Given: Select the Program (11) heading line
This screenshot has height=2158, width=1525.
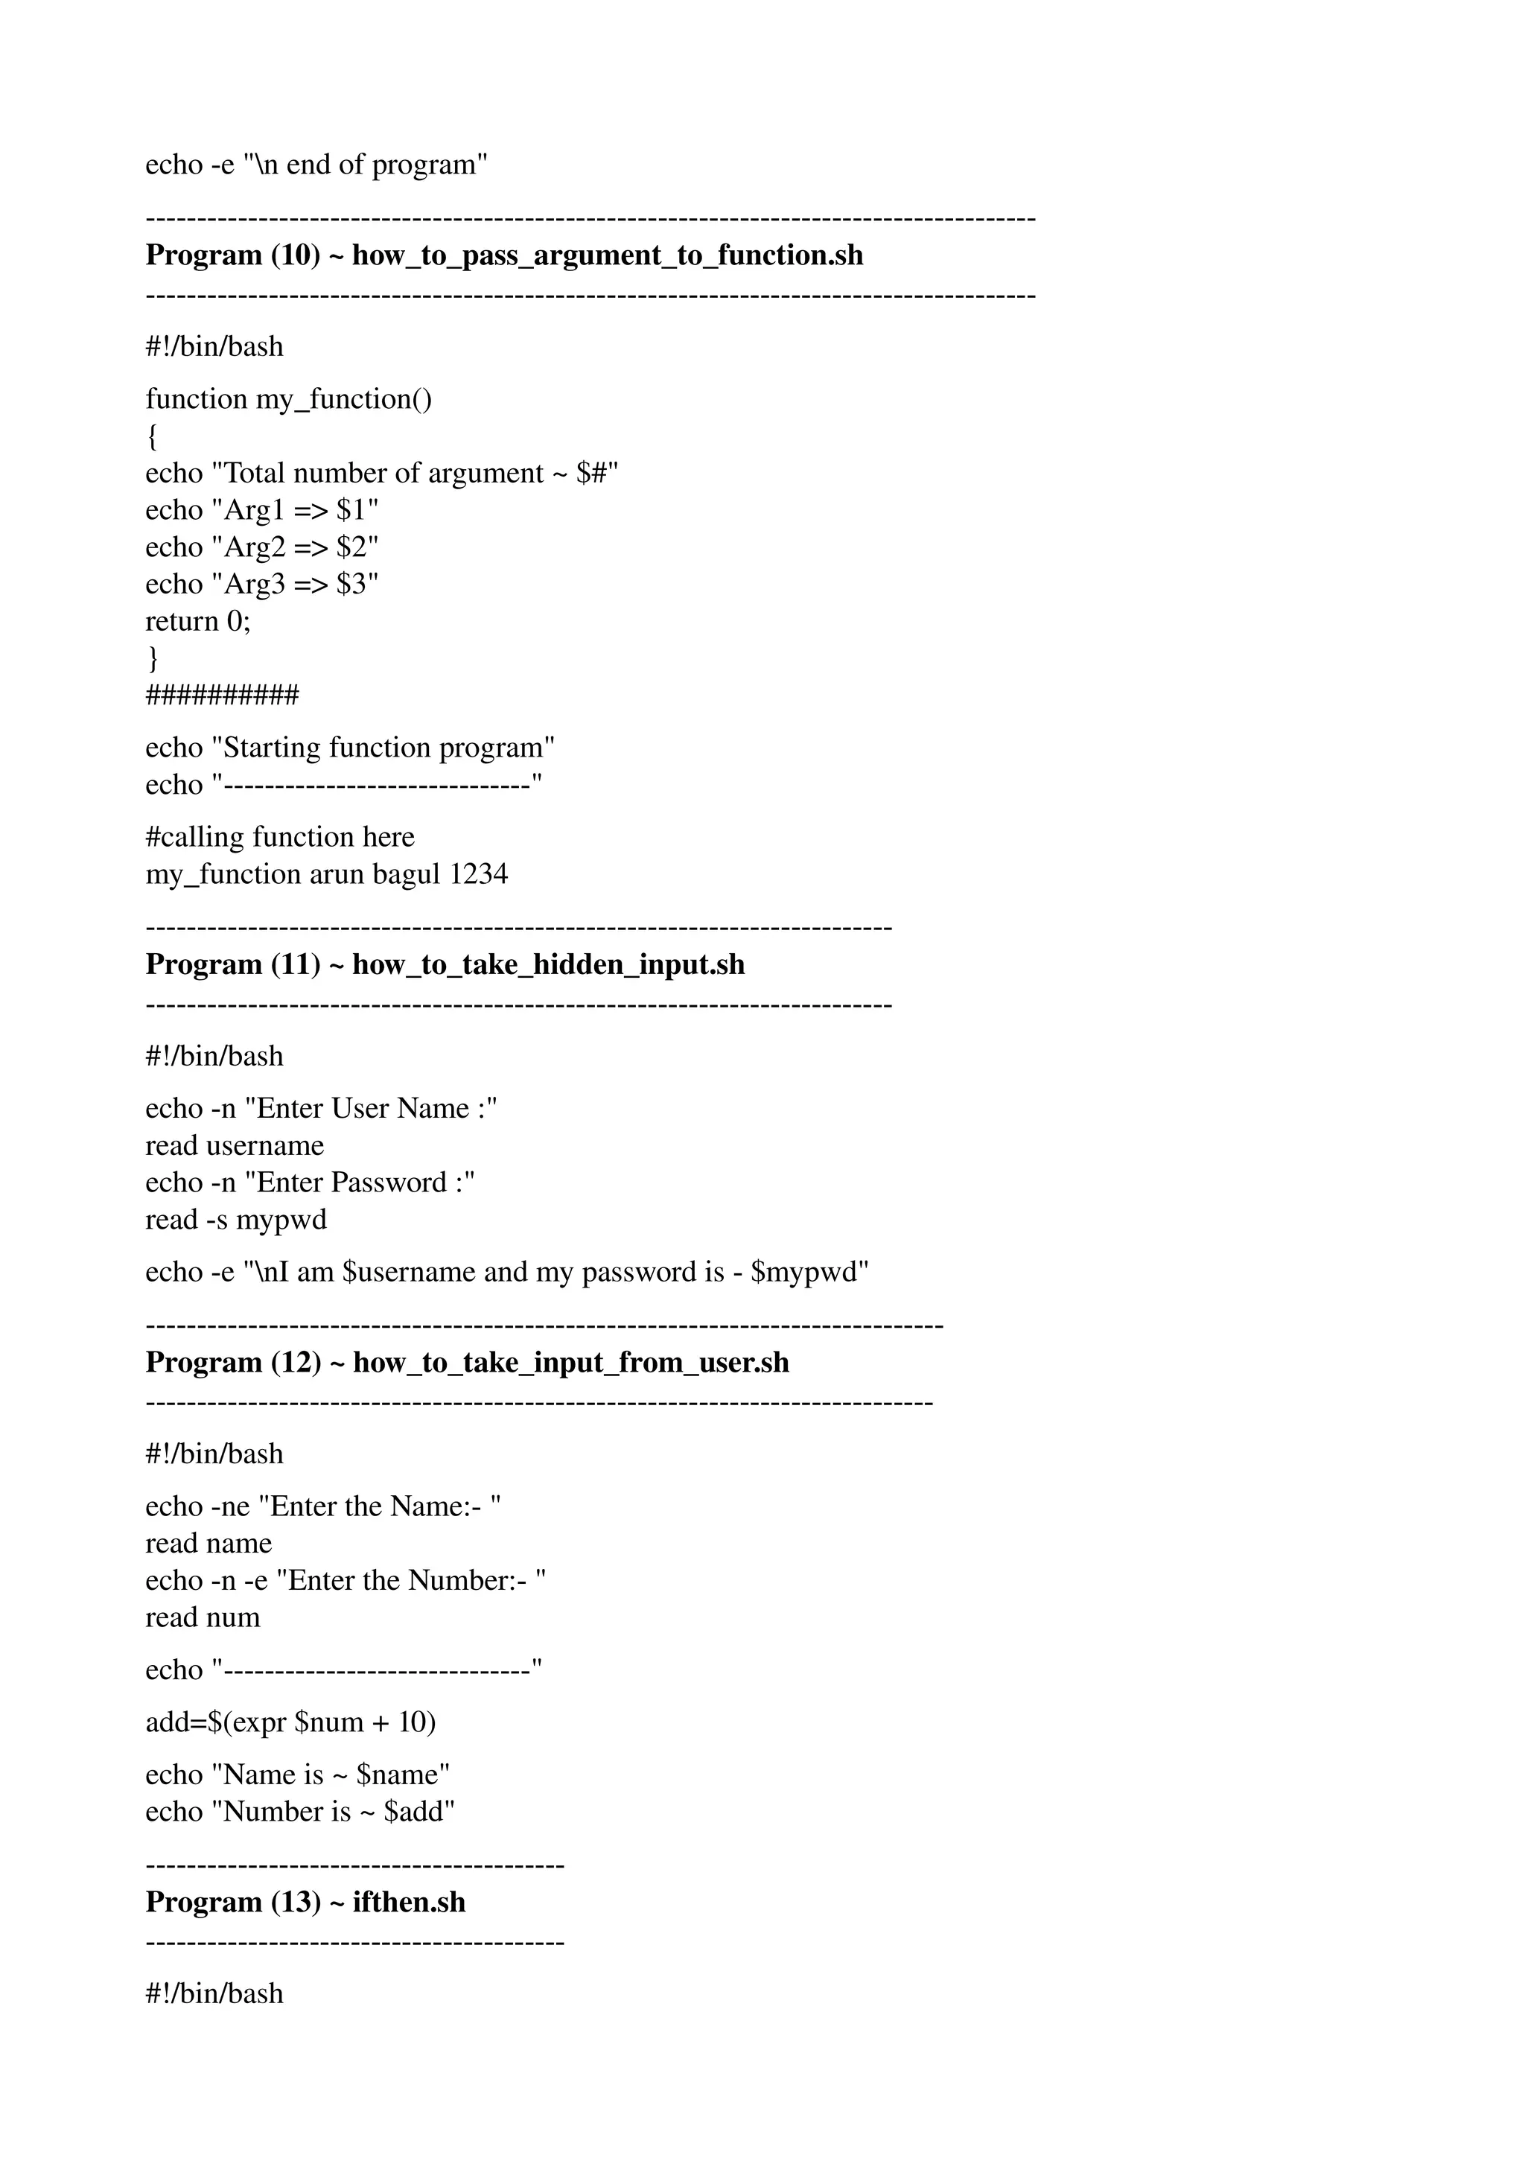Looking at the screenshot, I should point(445,964).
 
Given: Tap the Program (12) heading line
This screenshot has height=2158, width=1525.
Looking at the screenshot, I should point(467,1362).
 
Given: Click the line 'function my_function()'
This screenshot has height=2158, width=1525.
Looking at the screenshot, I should point(288,399).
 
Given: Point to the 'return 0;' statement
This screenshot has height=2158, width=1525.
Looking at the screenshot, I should point(198,621).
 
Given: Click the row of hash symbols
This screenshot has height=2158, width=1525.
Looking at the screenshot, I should point(222,696).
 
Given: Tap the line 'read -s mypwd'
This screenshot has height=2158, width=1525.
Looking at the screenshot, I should point(236,1220).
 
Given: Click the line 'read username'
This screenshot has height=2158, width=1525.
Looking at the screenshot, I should point(234,1146).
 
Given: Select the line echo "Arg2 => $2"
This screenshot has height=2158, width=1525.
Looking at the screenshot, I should point(261,547).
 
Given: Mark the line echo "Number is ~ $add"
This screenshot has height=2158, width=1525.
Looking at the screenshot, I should point(300,1811).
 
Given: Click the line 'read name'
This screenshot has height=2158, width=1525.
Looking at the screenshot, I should point(208,1544).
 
